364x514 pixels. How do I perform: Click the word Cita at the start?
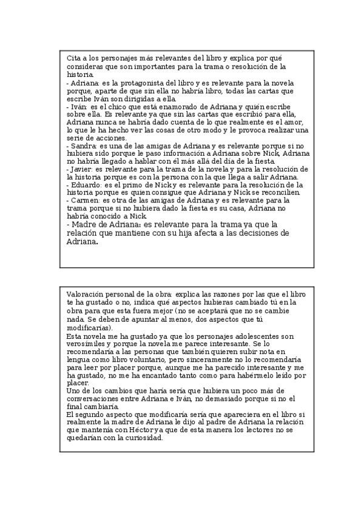73,58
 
